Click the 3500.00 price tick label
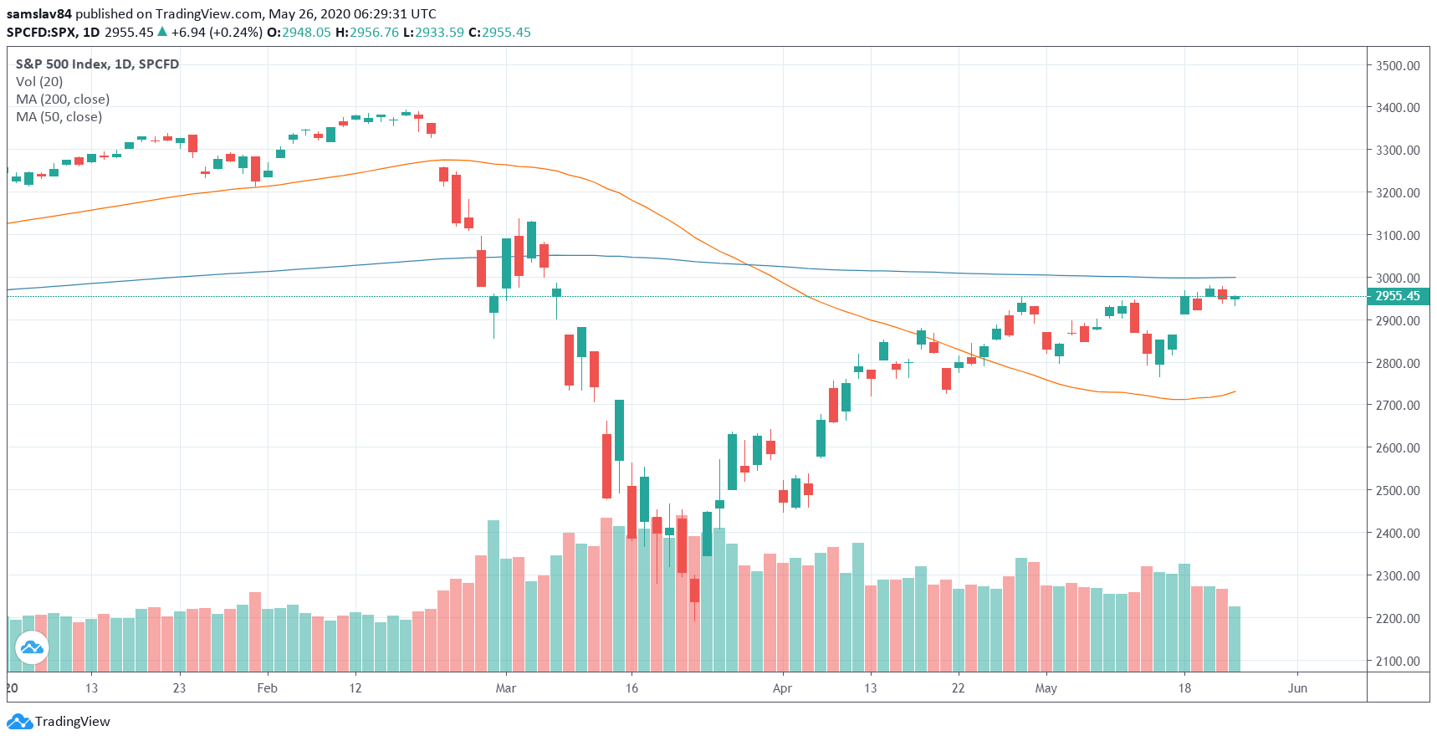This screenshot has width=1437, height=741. [x=1398, y=65]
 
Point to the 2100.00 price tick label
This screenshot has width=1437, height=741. [x=1398, y=661]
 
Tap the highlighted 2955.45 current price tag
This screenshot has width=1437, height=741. [x=1398, y=296]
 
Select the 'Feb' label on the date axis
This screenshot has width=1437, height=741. [x=267, y=688]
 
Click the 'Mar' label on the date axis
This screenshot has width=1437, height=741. [x=505, y=688]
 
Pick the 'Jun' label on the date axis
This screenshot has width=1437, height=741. [x=1297, y=688]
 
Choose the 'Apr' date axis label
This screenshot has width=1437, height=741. [x=782, y=688]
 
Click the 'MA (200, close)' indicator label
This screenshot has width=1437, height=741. [x=63, y=100]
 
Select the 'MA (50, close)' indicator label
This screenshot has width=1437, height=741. [x=59, y=117]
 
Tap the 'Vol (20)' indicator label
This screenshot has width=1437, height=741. [x=39, y=82]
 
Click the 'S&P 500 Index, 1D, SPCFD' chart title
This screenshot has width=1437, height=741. [x=97, y=64]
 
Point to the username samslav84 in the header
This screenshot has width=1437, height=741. [x=39, y=14]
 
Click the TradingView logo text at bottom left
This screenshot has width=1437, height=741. [x=72, y=722]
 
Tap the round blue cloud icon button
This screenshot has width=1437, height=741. [x=32, y=647]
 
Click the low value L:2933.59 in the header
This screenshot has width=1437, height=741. [x=433, y=33]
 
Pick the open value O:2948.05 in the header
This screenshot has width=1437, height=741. [x=299, y=33]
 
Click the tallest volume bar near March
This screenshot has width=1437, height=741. [x=493, y=595]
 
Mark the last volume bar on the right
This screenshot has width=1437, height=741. [x=1235, y=639]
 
